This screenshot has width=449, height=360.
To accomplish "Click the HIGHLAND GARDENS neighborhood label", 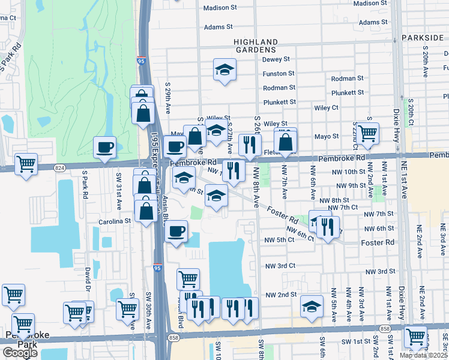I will click(x=256, y=46).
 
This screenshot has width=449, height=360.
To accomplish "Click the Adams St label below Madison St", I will click(x=218, y=27).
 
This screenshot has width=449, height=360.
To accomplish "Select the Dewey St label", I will click(x=276, y=59).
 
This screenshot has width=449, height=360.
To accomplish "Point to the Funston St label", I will click(x=278, y=74).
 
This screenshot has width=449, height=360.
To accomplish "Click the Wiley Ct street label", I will click(x=327, y=108).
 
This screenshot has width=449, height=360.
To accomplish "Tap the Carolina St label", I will click(x=115, y=221).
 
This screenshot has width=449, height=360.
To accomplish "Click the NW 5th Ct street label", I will click(x=280, y=241).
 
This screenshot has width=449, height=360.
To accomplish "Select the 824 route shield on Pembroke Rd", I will click(x=59, y=168).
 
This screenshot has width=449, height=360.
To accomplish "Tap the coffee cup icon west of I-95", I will click(x=105, y=148).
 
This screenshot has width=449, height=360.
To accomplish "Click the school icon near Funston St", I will click(x=224, y=70).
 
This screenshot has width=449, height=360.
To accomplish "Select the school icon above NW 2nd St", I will click(x=312, y=306).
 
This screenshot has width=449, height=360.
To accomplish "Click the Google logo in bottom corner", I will click(x=20, y=352).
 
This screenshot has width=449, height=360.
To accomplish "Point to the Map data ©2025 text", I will click(x=424, y=355).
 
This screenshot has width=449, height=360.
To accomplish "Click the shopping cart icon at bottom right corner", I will click(x=415, y=336).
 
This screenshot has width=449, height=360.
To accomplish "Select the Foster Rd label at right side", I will click(x=378, y=242).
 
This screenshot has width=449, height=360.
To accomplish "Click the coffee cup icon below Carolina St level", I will click(x=176, y=231).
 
